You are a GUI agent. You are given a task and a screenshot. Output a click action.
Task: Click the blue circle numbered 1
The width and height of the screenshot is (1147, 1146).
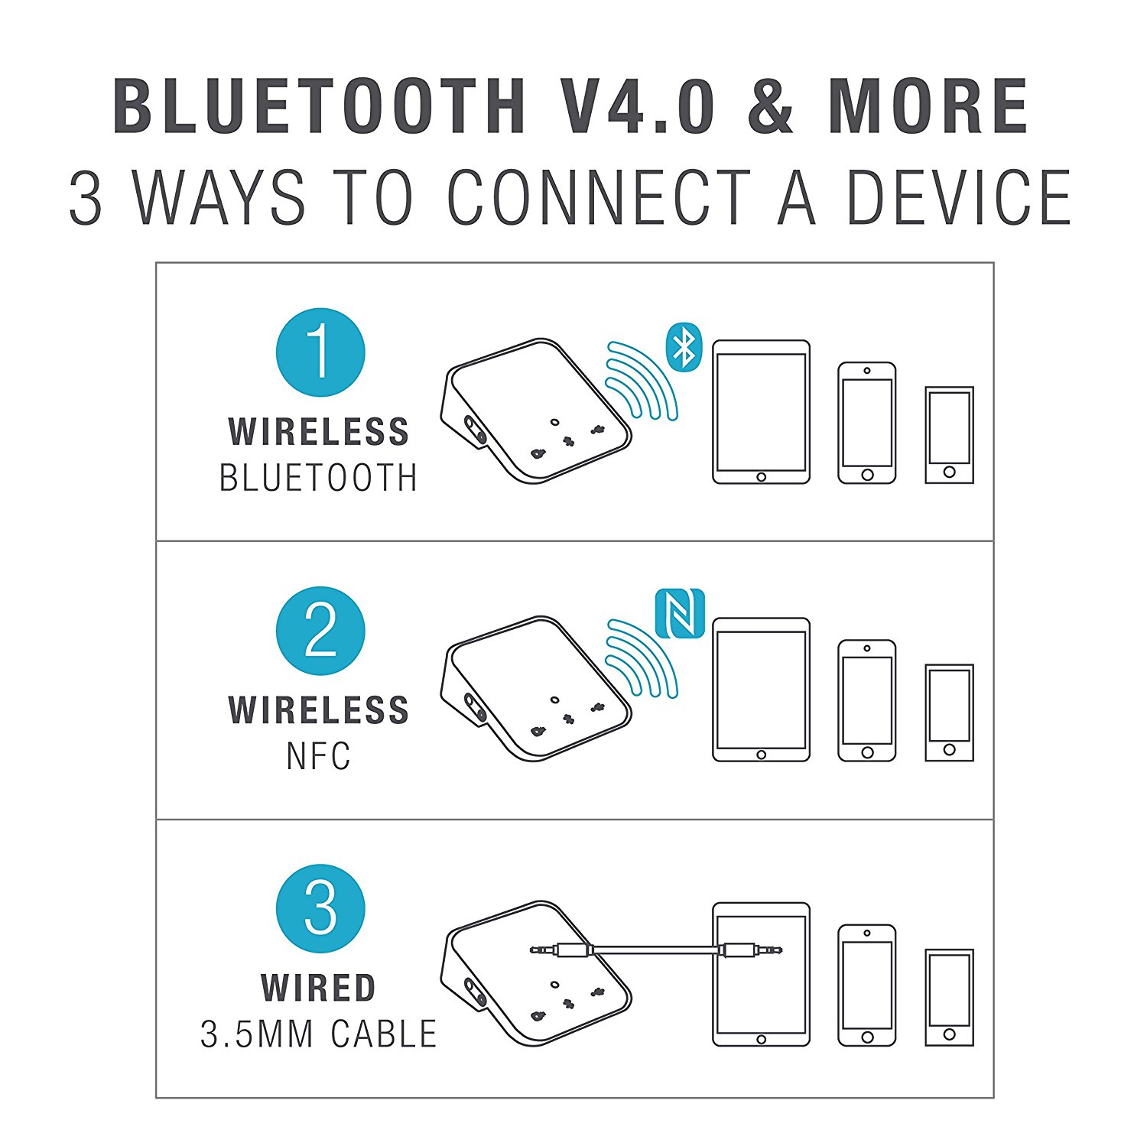pyautogui.click(x=320, y=352)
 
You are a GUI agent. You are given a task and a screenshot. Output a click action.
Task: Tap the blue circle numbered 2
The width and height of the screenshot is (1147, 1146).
pyautogui.click(x=320, y=631)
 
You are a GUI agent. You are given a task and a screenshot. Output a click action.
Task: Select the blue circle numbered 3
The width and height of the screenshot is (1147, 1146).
pyautogui.click(x=320, y=908)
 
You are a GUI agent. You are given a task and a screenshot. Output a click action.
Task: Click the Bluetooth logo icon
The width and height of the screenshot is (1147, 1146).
pyautogui.click(x=684, y=347)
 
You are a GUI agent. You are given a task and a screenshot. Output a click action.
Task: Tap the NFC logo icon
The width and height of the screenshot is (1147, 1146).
pyautogui.click(x=679, y=614)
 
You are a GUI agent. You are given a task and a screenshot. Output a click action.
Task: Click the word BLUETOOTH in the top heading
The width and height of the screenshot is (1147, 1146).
pyautogui.click(x=320, y=106)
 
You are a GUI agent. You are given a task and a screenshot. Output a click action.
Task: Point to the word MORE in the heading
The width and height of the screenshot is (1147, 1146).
pyautogui.click(x=928, y=106)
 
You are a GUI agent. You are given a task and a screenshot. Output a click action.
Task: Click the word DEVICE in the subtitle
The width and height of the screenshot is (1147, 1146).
pyautogui.click(x=959, y=197)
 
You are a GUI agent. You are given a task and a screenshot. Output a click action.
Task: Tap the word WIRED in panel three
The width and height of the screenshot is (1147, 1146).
pyautogui.click(x=319, y=988)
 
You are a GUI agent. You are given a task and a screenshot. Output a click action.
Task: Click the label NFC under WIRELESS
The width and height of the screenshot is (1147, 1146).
pyautogui.click(x=319, y=756)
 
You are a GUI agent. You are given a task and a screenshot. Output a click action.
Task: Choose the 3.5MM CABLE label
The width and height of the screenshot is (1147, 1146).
pyautogui.click(x=319, y=1034)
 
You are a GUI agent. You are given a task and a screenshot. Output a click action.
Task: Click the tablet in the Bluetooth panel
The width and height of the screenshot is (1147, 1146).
pyautogui.click(x=761, y=412)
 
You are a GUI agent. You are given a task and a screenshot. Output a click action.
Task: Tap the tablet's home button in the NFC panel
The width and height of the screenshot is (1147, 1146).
pyautogui.click(x=761, y=755)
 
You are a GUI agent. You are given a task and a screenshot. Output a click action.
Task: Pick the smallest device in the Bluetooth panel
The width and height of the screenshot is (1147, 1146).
pyautogui.click(x=949, y=435)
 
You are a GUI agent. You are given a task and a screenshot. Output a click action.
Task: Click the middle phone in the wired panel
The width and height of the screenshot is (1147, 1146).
pyautogui.click(x=866, y=985)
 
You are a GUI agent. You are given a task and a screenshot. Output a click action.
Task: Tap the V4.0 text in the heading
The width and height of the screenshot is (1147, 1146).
pyautogui.click(x=639, y=106)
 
